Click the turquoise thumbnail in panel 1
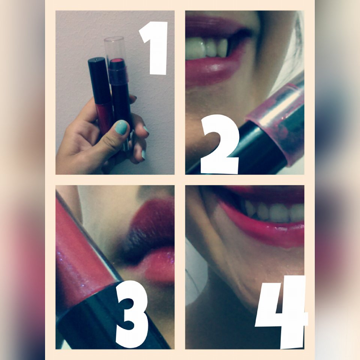[121, 127]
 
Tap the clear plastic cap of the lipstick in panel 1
[115, 49]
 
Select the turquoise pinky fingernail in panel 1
[144, 155]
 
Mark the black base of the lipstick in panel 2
[257, 149]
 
